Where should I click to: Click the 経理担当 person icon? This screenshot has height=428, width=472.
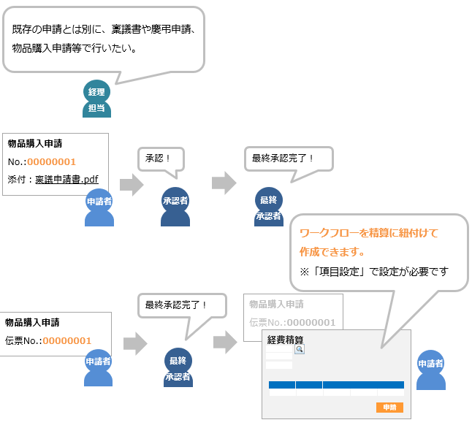pyautogui.click(x=96, y=99)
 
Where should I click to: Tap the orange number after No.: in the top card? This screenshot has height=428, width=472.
pyautogui.click(x=52, y=161)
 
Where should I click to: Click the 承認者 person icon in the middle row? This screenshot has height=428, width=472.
pyautogui.click(x=175, y=208)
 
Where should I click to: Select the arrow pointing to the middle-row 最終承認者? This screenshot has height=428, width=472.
pyautogui.click(x=224, y=184)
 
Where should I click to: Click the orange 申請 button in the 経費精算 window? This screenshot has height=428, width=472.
pyautogui.click(x=389, y=408)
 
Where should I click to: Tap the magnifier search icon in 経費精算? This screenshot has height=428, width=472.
pyautogui.click(x=299, y=350)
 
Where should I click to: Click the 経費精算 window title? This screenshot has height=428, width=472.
pyautogui.click(x=285, y=340)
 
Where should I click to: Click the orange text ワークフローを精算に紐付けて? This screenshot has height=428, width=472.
pyautogui.click(x=369, y=233)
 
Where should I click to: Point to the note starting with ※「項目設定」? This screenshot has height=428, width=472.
pyautogui.click(x=373, y=271)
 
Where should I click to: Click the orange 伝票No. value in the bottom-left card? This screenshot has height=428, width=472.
pyautogui.click(x=67, y=340)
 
